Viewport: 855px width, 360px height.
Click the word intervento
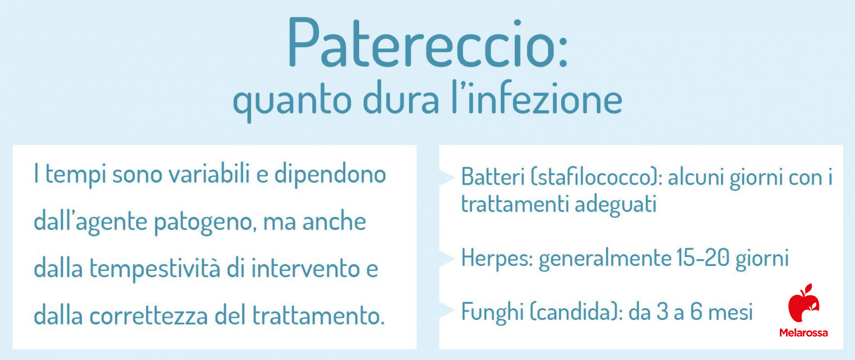[305, 269]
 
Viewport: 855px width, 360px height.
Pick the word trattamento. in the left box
[318, 315]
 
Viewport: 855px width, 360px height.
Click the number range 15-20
[702, 258]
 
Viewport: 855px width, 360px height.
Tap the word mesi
[730, 312]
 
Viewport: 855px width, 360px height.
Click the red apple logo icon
[804, 303]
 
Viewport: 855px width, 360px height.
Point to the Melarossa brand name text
[803, 333]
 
